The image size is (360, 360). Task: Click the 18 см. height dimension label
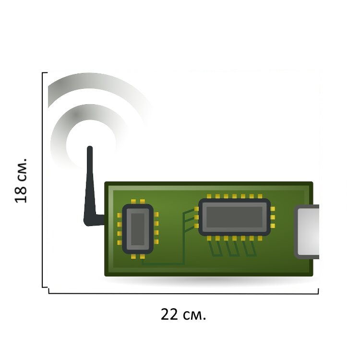point(21,180)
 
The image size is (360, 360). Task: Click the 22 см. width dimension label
point(183,314)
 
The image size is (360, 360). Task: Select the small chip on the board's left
point(138,229)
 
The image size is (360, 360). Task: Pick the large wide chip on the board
point(234,217)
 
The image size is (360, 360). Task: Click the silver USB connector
point(307,232)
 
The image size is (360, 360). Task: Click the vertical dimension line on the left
point(43,180)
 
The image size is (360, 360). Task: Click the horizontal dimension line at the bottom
point(183,293)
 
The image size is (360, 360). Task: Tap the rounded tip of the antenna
point(90,148)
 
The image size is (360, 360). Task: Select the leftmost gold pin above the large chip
point(209,196)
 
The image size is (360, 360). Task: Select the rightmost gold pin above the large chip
point(260,196)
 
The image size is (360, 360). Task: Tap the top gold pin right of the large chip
point(273,209)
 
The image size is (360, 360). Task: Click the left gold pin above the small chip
point(133,202)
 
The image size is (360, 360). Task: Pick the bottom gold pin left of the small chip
point(120,243)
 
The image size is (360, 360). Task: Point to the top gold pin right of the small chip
point(156,215)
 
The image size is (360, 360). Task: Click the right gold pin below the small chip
point(143,256)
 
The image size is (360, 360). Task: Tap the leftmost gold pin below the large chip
point(209,239)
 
